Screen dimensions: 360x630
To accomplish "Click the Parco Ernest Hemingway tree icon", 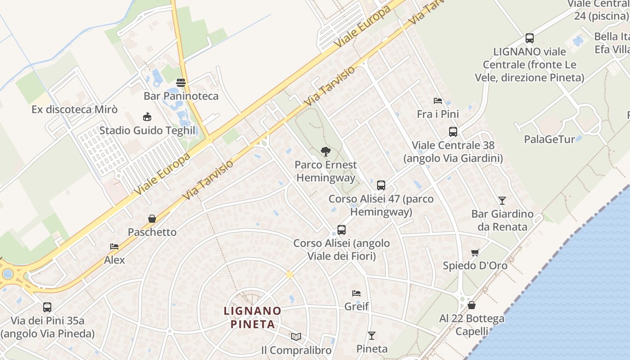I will [325, 152].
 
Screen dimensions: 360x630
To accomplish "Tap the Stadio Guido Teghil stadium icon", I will [147, 117].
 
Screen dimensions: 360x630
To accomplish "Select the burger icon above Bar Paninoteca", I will [181, 82].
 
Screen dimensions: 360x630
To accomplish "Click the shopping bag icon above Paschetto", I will [152, 219].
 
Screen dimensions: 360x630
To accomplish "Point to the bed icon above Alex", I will [114, 247].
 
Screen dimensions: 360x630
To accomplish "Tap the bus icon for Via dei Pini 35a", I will [47, 307].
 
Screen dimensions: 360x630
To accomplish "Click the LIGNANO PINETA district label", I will [252, 317].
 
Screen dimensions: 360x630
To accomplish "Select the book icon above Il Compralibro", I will [296, 337].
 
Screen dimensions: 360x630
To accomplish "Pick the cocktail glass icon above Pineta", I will [372, 335].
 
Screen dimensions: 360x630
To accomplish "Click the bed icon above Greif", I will [356, 293].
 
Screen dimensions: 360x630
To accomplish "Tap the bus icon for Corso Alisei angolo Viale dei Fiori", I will [342, 230].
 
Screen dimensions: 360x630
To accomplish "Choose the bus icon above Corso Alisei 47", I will [381, 185].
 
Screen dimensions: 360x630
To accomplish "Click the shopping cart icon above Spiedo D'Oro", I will [475, 252].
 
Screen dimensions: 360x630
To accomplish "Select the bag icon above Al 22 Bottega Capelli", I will [472, 305].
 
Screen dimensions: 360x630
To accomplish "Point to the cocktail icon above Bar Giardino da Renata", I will [502, 201].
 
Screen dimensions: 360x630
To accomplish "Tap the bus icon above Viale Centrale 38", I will [453, 132].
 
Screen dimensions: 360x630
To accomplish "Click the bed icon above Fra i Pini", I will [437, 101].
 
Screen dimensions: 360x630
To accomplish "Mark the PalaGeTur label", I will [549, 139].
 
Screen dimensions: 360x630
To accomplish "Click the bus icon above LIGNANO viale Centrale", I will [530, 38].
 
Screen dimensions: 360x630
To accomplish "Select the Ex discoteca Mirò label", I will [75, 109].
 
